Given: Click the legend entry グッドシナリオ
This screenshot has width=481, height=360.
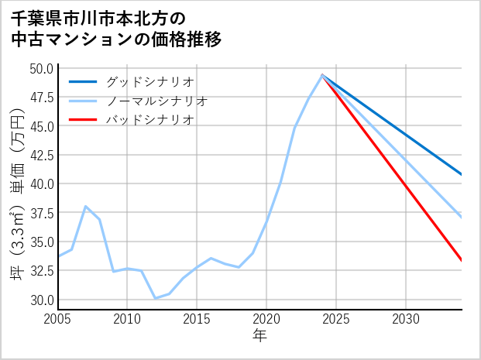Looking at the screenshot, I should (149, 81).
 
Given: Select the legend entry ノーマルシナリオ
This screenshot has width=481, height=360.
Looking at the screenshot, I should (156, 101).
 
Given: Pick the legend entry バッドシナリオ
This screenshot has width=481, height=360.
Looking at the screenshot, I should (149, 119).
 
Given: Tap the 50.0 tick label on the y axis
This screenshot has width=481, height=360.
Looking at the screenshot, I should (41, 68).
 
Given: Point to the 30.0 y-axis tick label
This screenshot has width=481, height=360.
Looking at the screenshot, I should (41, 300).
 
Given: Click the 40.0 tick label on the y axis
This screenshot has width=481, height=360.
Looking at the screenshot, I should (41, 184).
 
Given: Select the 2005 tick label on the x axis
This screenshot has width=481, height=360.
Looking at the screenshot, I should (57, 319).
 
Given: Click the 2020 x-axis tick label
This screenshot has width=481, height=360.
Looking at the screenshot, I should (266, 319).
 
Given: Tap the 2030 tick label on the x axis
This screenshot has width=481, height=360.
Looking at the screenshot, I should (406, 319).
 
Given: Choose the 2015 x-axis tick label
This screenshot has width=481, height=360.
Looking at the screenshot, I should (197, 319).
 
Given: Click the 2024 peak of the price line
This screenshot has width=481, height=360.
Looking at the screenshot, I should (322, 75).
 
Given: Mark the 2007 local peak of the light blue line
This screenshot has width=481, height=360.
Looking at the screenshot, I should (85, 207).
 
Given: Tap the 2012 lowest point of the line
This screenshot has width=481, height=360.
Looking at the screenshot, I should (155, 298).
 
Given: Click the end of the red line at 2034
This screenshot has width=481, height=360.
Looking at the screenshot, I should (461, 260).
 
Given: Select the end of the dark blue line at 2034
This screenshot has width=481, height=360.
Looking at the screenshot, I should (461, 174).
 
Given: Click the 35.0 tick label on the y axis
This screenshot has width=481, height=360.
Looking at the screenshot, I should (41, 242).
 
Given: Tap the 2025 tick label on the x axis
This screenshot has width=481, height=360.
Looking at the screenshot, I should (336, 319).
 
